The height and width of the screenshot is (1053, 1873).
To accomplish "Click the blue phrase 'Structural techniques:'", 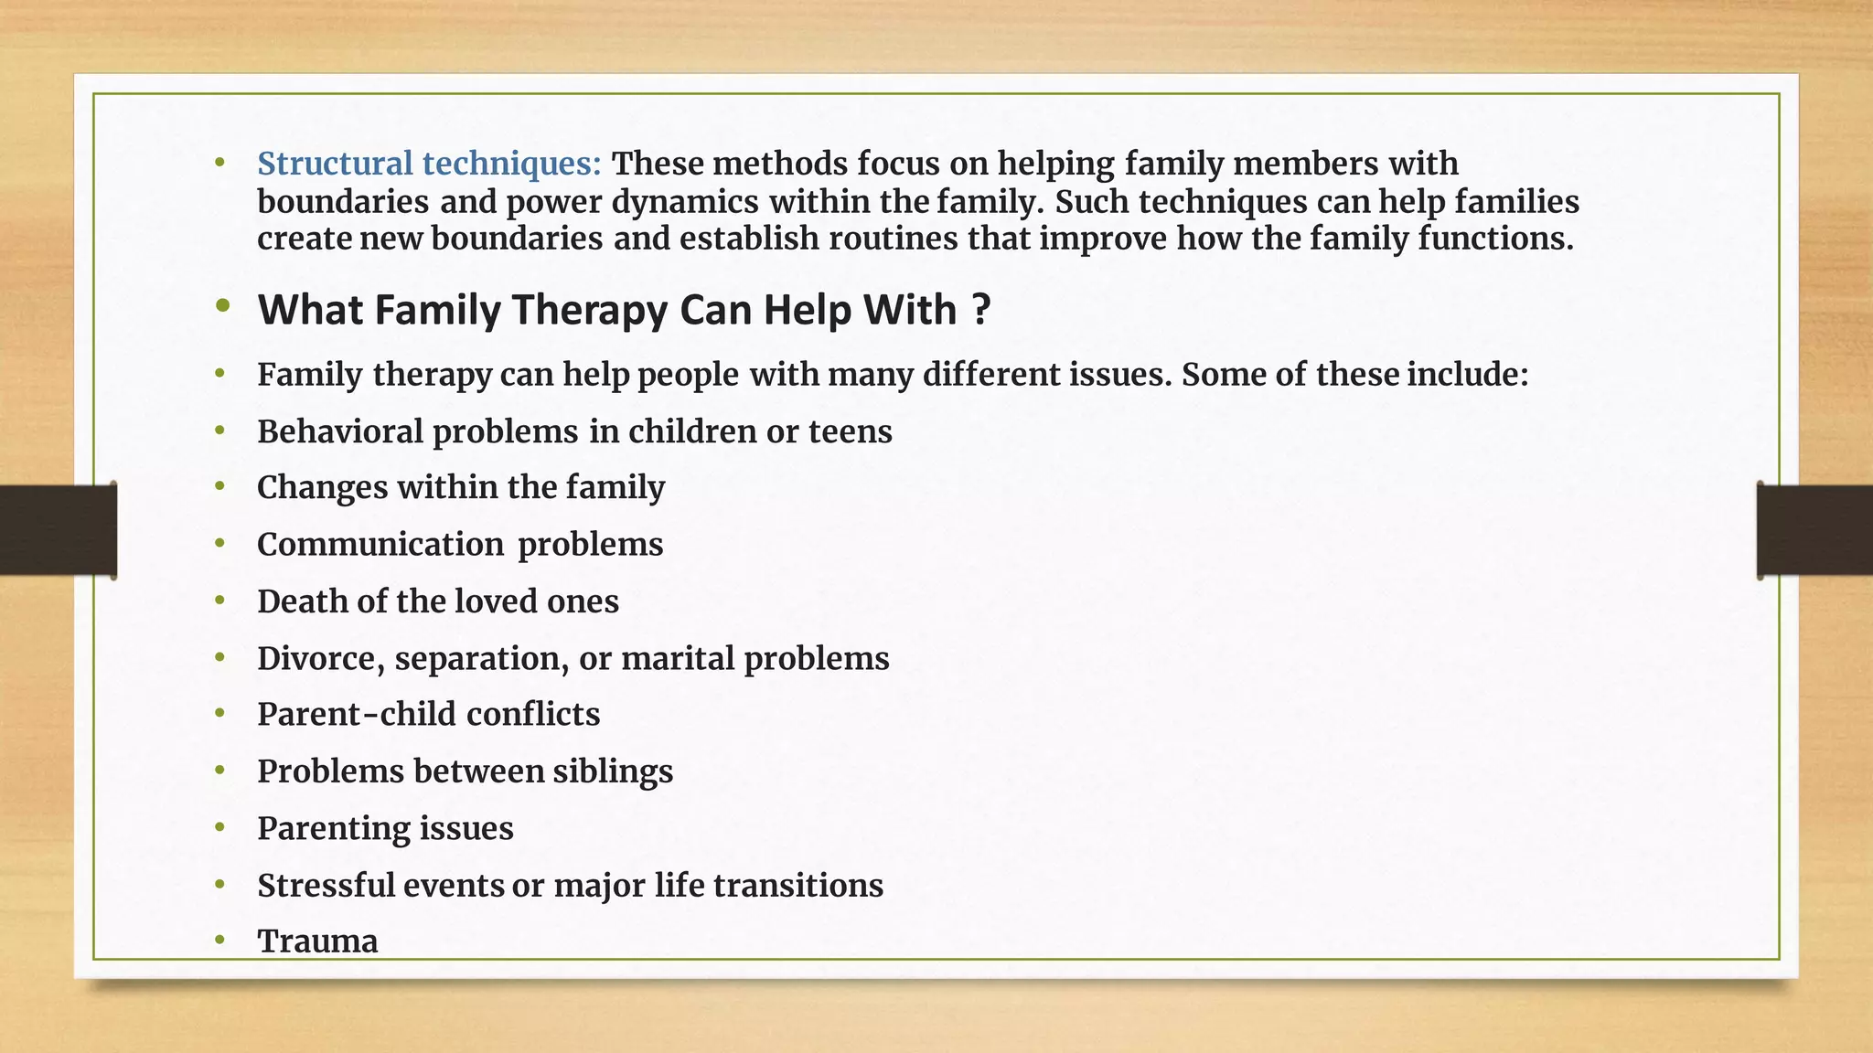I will pyautogui.click(x=429, y=164).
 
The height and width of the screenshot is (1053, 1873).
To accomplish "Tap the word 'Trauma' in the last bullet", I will pyautogui.click(x=317, y=941).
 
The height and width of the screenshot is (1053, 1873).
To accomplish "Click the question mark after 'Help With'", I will pyautogui.click(x=981, y=310).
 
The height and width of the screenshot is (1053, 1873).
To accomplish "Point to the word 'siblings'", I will pyautogui.click(x=613, y=771).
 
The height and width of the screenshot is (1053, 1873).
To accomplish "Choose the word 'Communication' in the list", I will pyautogui.click(x=380, y=545).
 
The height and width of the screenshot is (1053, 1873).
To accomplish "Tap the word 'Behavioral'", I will pyautogui.click(x=339, y=431).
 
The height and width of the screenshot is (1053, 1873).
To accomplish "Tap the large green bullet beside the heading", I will pyautogui.click(x=222, y=307).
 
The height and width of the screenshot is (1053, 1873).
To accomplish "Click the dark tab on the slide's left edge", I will pyautogui.click(x=58, y=530).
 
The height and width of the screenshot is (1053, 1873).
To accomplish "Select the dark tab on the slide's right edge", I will pyautogui.click(x=1814, y=530).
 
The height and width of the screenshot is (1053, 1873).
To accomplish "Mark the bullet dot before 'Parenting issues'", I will pyautogui.click(x=219, y=827).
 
